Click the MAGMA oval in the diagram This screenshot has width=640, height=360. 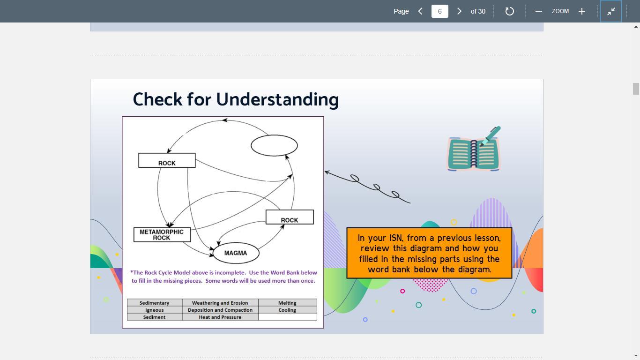[x=236, y=253]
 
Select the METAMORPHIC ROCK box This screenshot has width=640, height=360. [x=162, y=235]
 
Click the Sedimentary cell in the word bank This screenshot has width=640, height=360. [x=155, y=302]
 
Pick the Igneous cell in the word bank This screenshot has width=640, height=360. [x=155, y=310]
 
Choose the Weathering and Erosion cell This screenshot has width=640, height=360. [x=220, y=302]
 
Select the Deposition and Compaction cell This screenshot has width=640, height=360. [x=220, y=310]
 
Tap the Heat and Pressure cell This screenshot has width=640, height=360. [x=220, y=317]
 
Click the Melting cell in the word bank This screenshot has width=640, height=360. [x=287, y=302]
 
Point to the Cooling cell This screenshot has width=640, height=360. [x=287, y=310]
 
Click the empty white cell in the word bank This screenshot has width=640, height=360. [x=287, y=317]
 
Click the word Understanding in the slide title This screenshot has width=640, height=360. [x=277, y=100]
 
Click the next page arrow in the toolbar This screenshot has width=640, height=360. [x=459, y=11]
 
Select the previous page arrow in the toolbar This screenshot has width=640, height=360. [x=420, y=11]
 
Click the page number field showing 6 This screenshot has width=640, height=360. [x=440, y=11]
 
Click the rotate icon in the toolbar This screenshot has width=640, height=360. [x=509, y=11]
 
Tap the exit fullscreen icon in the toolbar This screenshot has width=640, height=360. [x=611, y=11]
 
